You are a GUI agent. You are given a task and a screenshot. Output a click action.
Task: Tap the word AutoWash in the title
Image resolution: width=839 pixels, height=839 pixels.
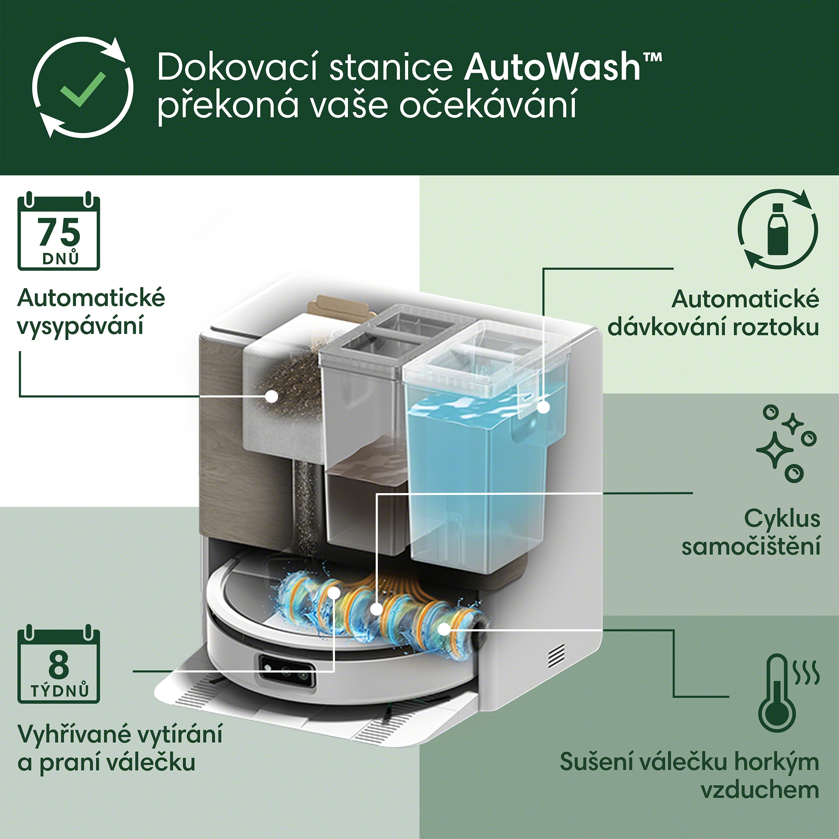point(552,67)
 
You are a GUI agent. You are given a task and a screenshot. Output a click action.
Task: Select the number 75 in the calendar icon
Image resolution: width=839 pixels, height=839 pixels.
point(59,232)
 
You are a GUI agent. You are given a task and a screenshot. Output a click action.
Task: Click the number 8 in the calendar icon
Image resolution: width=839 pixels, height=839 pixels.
point(59,665)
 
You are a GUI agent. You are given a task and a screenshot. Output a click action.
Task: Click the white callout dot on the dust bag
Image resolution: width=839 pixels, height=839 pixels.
point(272,396)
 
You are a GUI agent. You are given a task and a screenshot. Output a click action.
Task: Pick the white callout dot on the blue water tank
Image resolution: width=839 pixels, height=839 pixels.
point(543,407)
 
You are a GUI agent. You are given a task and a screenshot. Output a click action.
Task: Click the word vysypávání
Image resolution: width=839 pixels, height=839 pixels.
point(80,327)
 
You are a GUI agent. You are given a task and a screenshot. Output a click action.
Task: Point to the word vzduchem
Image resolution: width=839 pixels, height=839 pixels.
point(760,789)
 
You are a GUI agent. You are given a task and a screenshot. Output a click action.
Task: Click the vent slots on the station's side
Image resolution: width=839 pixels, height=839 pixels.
point(557,656)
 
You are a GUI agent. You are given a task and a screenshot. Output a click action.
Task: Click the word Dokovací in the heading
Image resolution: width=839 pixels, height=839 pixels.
point(238,67)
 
